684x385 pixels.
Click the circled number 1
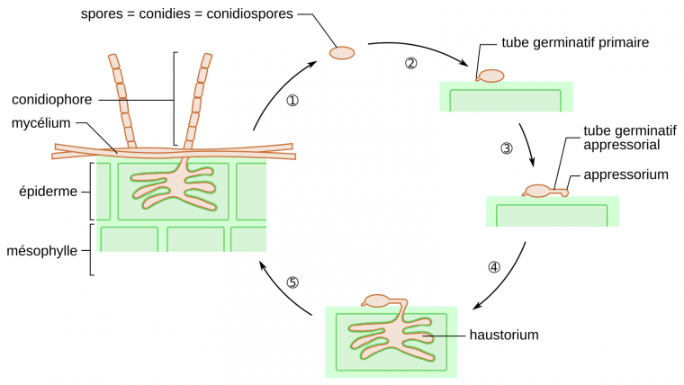click(292, 101)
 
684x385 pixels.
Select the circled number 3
click(506, 148)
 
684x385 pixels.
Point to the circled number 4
click(494, 267)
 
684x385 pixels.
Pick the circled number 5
click(292, 282)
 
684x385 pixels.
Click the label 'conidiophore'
click(52, 99)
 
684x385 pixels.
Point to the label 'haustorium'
click(503, 336)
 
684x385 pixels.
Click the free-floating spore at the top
click(342, 53)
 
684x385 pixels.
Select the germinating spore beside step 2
click(490, 77)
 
